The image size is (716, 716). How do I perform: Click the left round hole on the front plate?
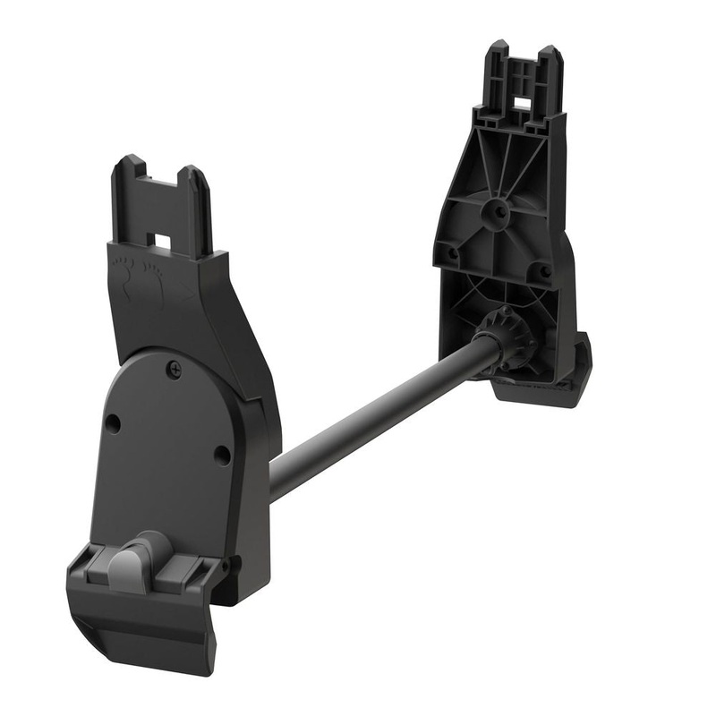click(x=112, y=422)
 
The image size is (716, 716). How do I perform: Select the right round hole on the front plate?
click(x=221, y=454)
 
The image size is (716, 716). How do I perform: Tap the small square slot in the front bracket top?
click(x=163, y=242)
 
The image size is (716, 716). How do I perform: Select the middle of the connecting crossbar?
click(x=380, y=415)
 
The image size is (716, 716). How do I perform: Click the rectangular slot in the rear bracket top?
click(x=521, y=106)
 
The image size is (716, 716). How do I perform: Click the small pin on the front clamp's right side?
click(x=225, y=566)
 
